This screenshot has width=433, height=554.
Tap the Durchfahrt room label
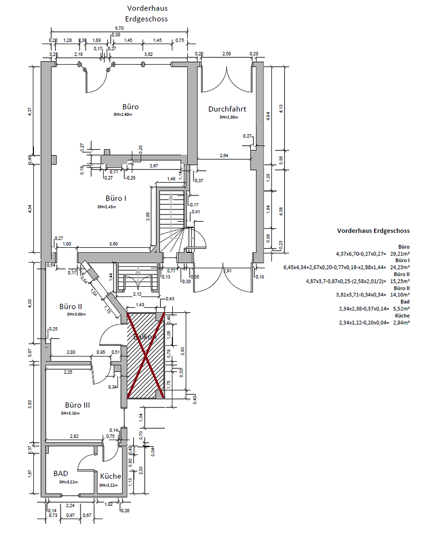pyautogui.click(x=227, y=109)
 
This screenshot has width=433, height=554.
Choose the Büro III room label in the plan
pyautogui.click(x=77, y=405)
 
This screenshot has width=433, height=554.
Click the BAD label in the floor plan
pyautogui.click(x=61, y=473)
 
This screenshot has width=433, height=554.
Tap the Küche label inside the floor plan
pyautogui.click(x=110, y=476)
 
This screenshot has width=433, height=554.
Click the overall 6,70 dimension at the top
pyautogui.click(x=119, y=28)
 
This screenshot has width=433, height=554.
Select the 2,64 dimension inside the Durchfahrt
pyautogui.click(x=224, y=155)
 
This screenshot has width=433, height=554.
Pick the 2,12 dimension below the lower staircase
pyautogui.click(x=137, y=294)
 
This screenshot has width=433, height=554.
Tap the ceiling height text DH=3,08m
pyautogui.click(x=76, y=314)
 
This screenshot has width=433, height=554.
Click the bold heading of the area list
pyautogui.click(x=373, y=231)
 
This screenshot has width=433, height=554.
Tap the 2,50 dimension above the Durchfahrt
pyautogui.click(x=226, y=54)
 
